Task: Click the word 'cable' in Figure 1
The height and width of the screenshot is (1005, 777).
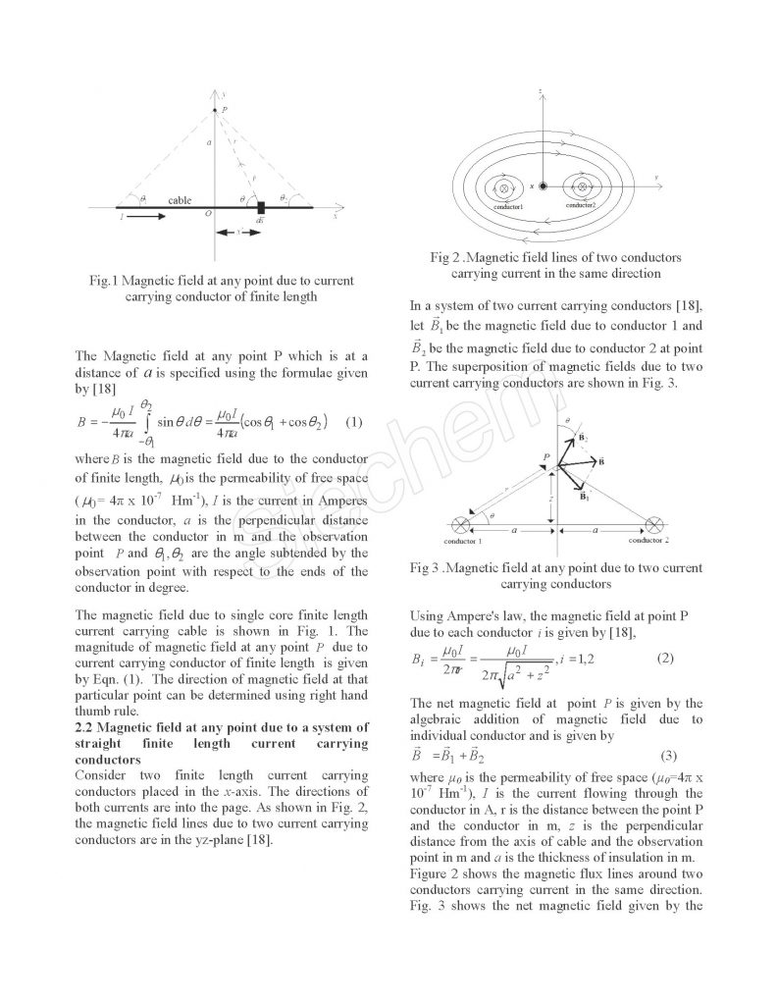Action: point(180,199)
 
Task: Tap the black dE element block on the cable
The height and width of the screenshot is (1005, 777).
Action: point(260,208)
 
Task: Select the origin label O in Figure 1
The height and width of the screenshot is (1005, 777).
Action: point(207,213)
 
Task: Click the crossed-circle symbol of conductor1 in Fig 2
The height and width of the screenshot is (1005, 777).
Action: point(504,185)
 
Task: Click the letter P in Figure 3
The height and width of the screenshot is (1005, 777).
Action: point(544,456)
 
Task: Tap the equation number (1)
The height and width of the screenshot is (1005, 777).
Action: point(354,422)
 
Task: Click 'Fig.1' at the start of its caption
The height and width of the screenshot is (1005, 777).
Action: point(103,281)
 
